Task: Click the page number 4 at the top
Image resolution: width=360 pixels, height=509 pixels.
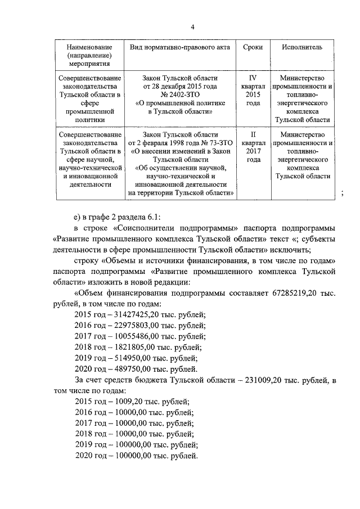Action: [192, 27]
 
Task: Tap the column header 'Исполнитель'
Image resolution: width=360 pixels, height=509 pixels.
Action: [302, 47]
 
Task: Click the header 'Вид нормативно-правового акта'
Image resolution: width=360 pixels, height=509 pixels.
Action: [180, 47]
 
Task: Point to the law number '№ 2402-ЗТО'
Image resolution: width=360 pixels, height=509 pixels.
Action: [180, 94]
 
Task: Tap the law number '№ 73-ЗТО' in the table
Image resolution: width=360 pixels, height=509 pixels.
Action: [209, 143]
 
